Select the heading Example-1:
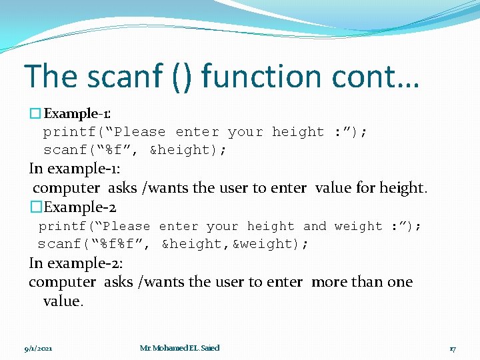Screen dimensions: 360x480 click(x=78, y=114)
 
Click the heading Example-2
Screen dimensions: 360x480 click(x=74, y=207)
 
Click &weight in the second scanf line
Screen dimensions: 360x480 click(x=270, y=244)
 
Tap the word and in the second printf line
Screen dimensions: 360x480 click(x=315, y=227)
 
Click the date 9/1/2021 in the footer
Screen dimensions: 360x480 click(x=38, y=348)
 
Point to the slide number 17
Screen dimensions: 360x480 click(x=452, y=348)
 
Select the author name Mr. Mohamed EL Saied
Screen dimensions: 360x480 click(x=179, y=348)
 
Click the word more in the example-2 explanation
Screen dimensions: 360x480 click(x=329, y=282)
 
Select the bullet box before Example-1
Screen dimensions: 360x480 click(x=35, y=114)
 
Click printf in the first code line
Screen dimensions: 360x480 click(x=65, y=132)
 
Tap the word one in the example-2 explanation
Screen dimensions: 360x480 click(x=400, y=282)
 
